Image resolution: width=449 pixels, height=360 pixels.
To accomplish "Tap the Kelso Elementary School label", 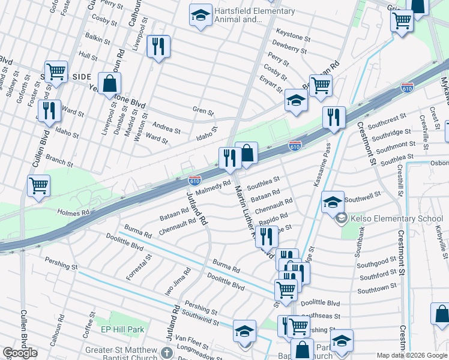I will [397, 218].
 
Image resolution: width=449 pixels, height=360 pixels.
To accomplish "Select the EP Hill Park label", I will [122, 329].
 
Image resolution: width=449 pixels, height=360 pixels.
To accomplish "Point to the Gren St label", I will [203, 111].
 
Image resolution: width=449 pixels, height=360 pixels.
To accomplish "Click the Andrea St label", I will [166, 129].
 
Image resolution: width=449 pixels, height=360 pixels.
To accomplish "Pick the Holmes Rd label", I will [73, 212].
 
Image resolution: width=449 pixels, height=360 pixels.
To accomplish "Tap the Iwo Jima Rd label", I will [178, 281].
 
